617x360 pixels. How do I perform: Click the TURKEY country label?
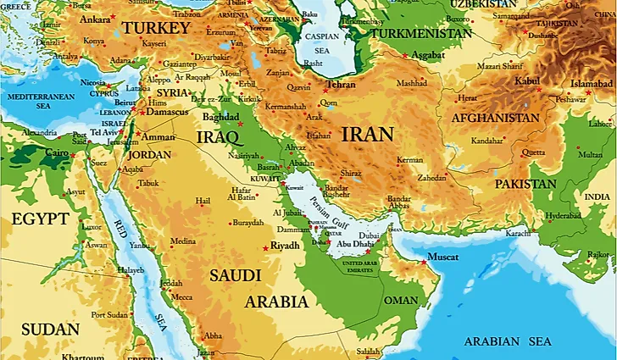(156, 29)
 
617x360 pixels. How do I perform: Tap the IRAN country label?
(366, 134)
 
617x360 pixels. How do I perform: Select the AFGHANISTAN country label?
(495, 119)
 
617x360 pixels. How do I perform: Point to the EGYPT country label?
(40, 219)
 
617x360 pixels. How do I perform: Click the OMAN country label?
(400, 301)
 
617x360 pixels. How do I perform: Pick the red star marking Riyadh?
(266, 247)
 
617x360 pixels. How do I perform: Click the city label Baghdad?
(222, 116)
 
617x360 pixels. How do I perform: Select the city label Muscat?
(442, 257)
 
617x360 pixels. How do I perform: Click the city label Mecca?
(181, 297)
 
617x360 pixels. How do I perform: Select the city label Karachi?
(517, 232)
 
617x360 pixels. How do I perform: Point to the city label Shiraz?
(351, 173)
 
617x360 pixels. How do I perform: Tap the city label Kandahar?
(486, 141)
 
